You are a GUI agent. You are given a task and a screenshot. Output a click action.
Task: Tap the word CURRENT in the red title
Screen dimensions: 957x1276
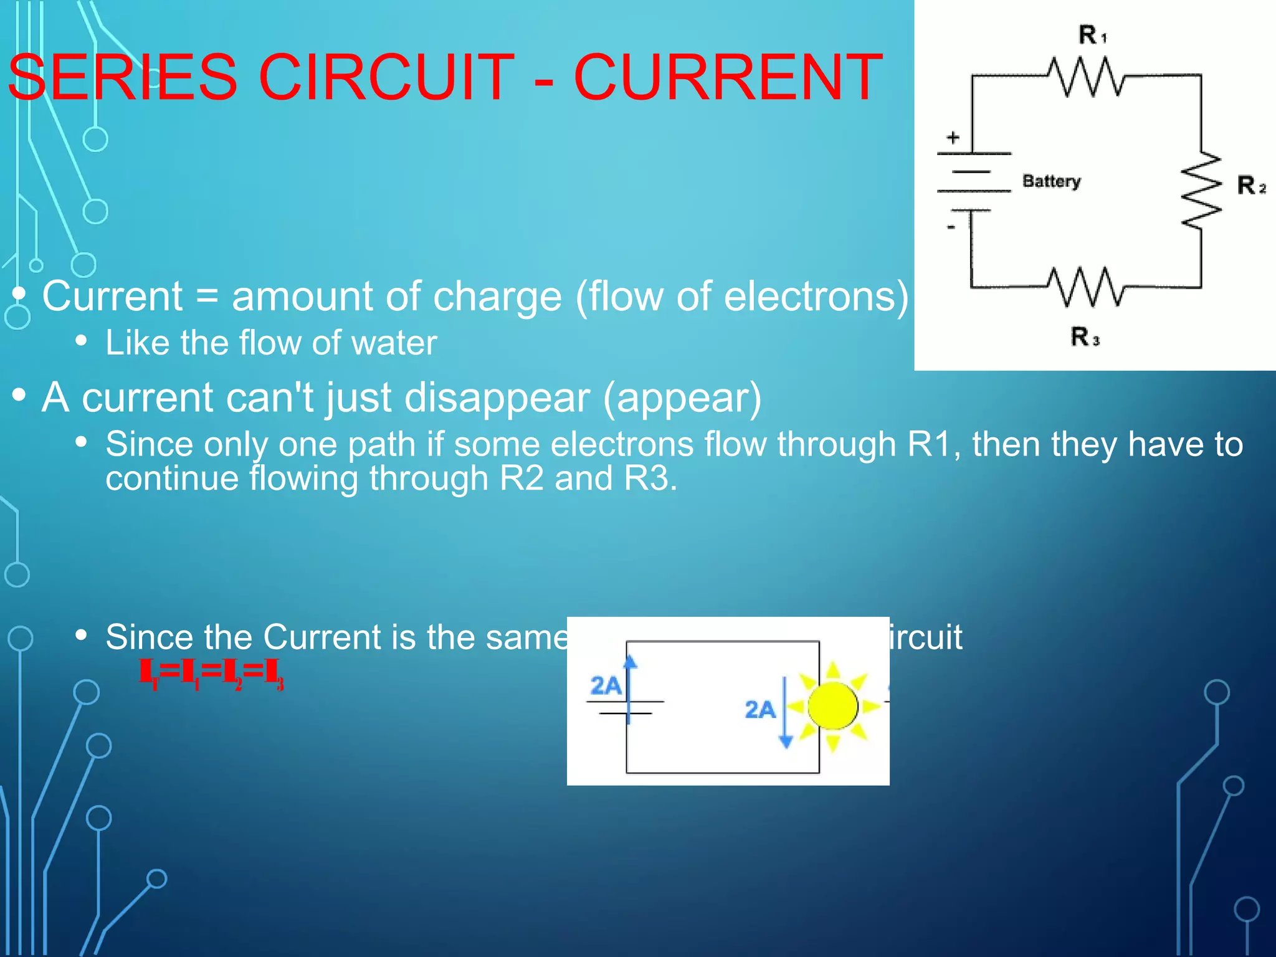pyautogui.click(x=727, y=78)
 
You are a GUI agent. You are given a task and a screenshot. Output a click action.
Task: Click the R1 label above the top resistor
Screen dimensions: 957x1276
pyautogui.click(x=1092, y=35)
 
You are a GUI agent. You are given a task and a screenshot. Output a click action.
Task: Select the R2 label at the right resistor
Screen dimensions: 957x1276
pyautogui.click(x=1250, y=186)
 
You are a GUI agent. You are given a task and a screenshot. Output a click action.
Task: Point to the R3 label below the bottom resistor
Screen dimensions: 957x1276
pyautogui.click(x=1084, y=337)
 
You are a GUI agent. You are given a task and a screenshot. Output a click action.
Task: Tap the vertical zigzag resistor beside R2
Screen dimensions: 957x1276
pyautogui.click(x=1202, y=189)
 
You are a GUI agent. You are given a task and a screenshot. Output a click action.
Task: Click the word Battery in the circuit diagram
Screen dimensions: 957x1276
pyautogui.click(x=1051, y=181)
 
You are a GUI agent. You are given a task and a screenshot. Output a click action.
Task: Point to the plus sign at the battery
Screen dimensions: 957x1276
pyautogui.click(x=953, y=138)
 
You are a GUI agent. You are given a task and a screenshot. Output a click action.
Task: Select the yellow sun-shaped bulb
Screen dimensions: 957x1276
pyautogui.click(x=832, y=706)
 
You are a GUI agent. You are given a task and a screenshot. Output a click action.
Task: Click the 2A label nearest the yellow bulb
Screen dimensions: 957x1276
pyautogui.click(x=759, y=710)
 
